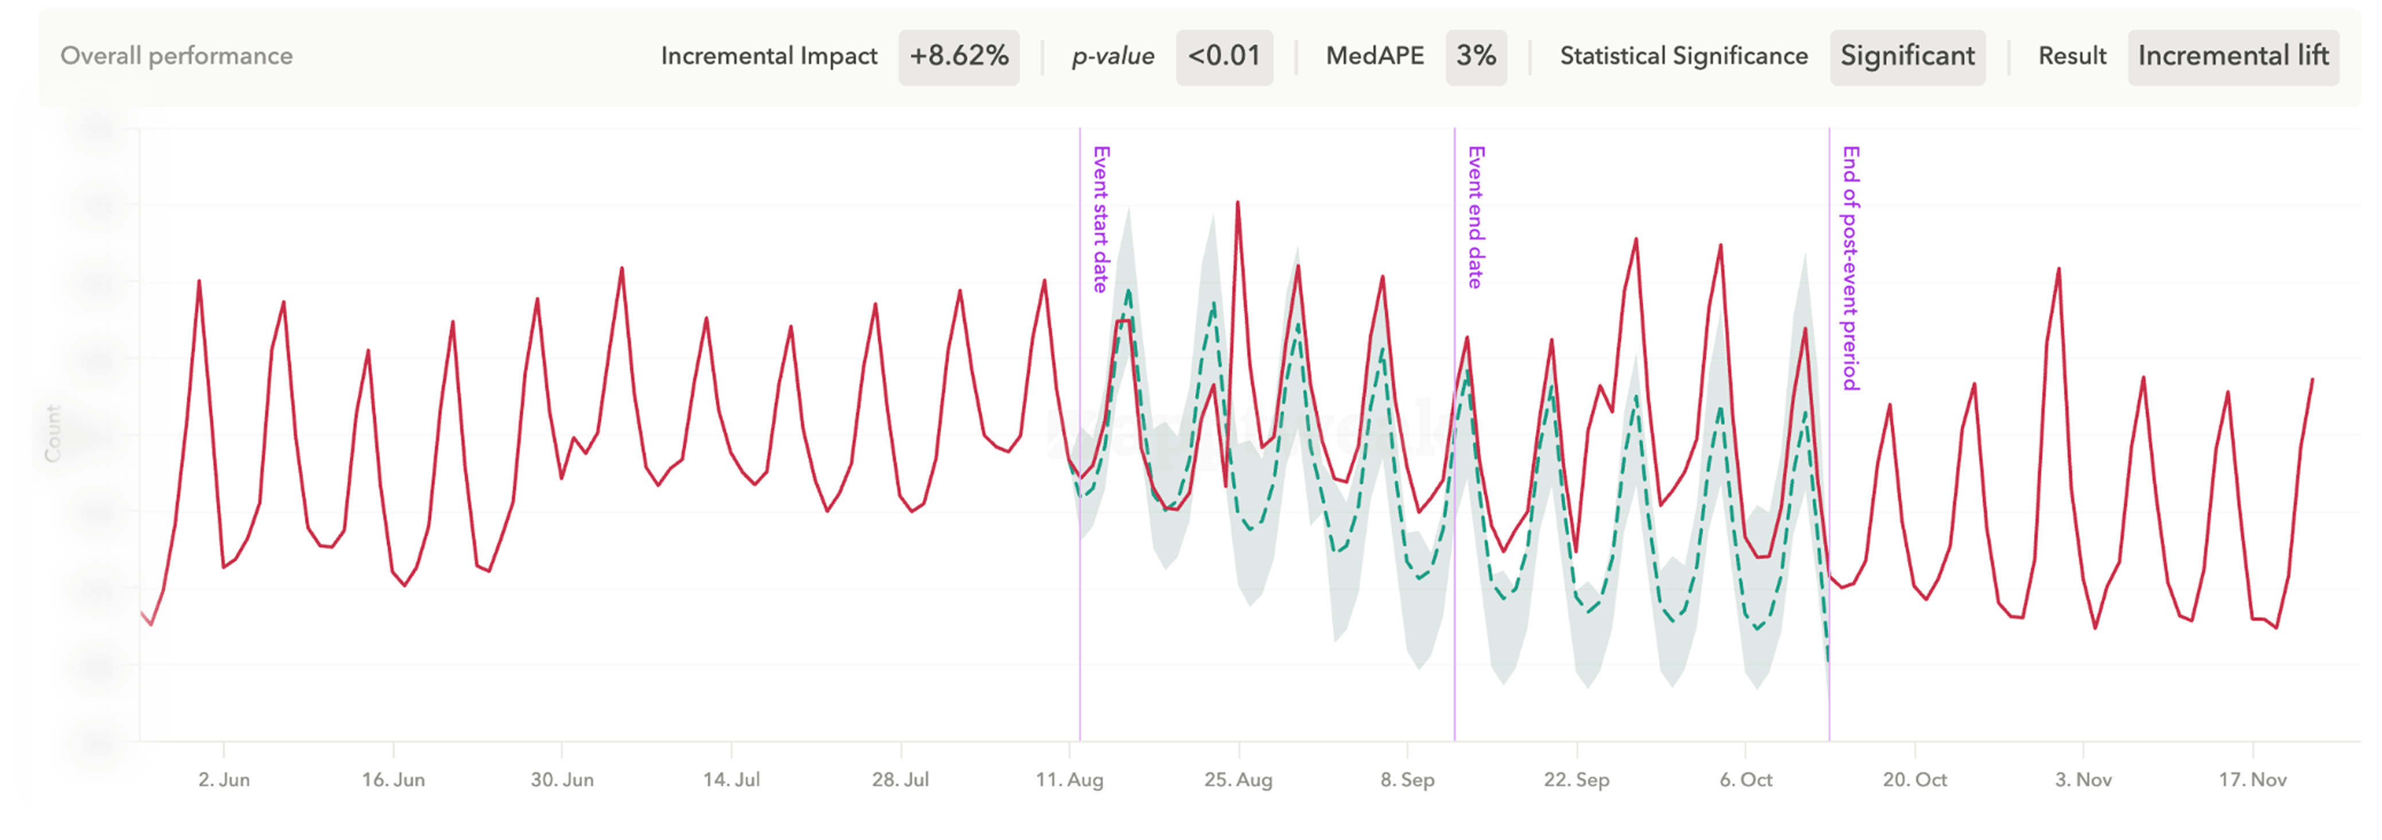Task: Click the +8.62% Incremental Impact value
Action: click(959, 56)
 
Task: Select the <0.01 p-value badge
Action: click(1224, 56)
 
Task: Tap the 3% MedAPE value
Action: click(1476, 56)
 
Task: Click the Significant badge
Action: click(1907, 56)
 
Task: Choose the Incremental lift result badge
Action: click(2233, 56)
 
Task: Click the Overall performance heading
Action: click(177, 56)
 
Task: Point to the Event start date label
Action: click(1100, 219)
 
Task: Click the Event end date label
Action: click(1476, 217)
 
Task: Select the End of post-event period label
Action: click(1850, 269)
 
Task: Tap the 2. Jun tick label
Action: click(224, 780)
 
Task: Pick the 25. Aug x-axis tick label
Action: click(1238, 780)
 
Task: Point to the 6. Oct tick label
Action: click(1746, 780)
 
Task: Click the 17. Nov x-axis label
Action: click(2252, 780)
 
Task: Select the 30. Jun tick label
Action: click(562, 780)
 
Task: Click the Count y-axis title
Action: click(53, 433)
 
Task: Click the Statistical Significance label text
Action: click(1684, 56)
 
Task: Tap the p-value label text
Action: click(1112, 56)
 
